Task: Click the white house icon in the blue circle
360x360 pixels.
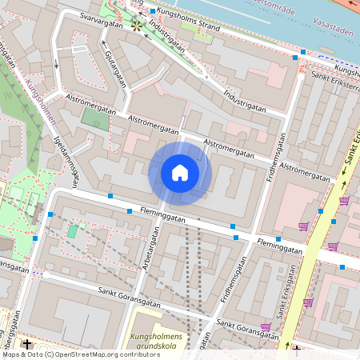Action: tap(180, 173)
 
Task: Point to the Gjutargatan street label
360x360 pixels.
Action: tap(116, 68)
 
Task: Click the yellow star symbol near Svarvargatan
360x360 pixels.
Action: tap(138, 26)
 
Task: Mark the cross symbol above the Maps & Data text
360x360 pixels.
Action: tap(27, 344)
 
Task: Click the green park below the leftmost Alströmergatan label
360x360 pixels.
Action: tap(94, 118)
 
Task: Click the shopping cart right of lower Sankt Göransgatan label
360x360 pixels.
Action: tap(266, 326)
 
